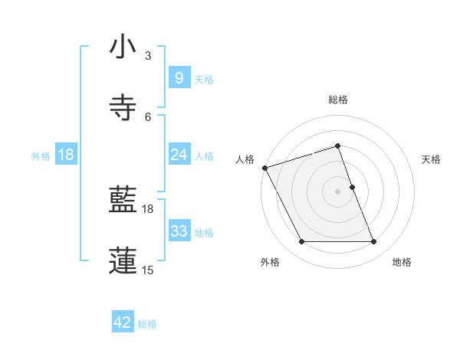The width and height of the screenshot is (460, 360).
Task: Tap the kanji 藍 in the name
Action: (123, 201)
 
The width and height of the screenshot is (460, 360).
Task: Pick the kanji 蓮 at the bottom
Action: (123, 260)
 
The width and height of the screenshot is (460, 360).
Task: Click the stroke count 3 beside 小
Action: (147, 56)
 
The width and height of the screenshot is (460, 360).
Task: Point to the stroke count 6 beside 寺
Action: (147, 116)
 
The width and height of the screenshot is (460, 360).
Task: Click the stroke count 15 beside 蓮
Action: (147, 270)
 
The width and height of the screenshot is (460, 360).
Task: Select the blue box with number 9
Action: (179, 78)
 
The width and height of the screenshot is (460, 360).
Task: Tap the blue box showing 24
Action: (179, 155)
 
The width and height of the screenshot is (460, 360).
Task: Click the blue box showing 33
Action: (179, 231)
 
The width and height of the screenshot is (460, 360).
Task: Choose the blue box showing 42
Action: (123, 322)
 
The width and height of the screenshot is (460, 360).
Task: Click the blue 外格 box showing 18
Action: (66, 155)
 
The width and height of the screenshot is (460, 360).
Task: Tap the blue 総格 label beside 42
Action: (147, 324)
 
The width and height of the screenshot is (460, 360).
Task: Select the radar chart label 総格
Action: (338, 100)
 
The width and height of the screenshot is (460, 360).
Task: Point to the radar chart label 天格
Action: (432, 159)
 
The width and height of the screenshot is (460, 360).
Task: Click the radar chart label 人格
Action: (245, 159)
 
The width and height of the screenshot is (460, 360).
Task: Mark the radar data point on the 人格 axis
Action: (264, 168)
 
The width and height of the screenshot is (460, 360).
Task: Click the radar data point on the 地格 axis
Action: (374, 242)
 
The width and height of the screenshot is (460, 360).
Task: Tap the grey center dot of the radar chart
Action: (338, 191)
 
